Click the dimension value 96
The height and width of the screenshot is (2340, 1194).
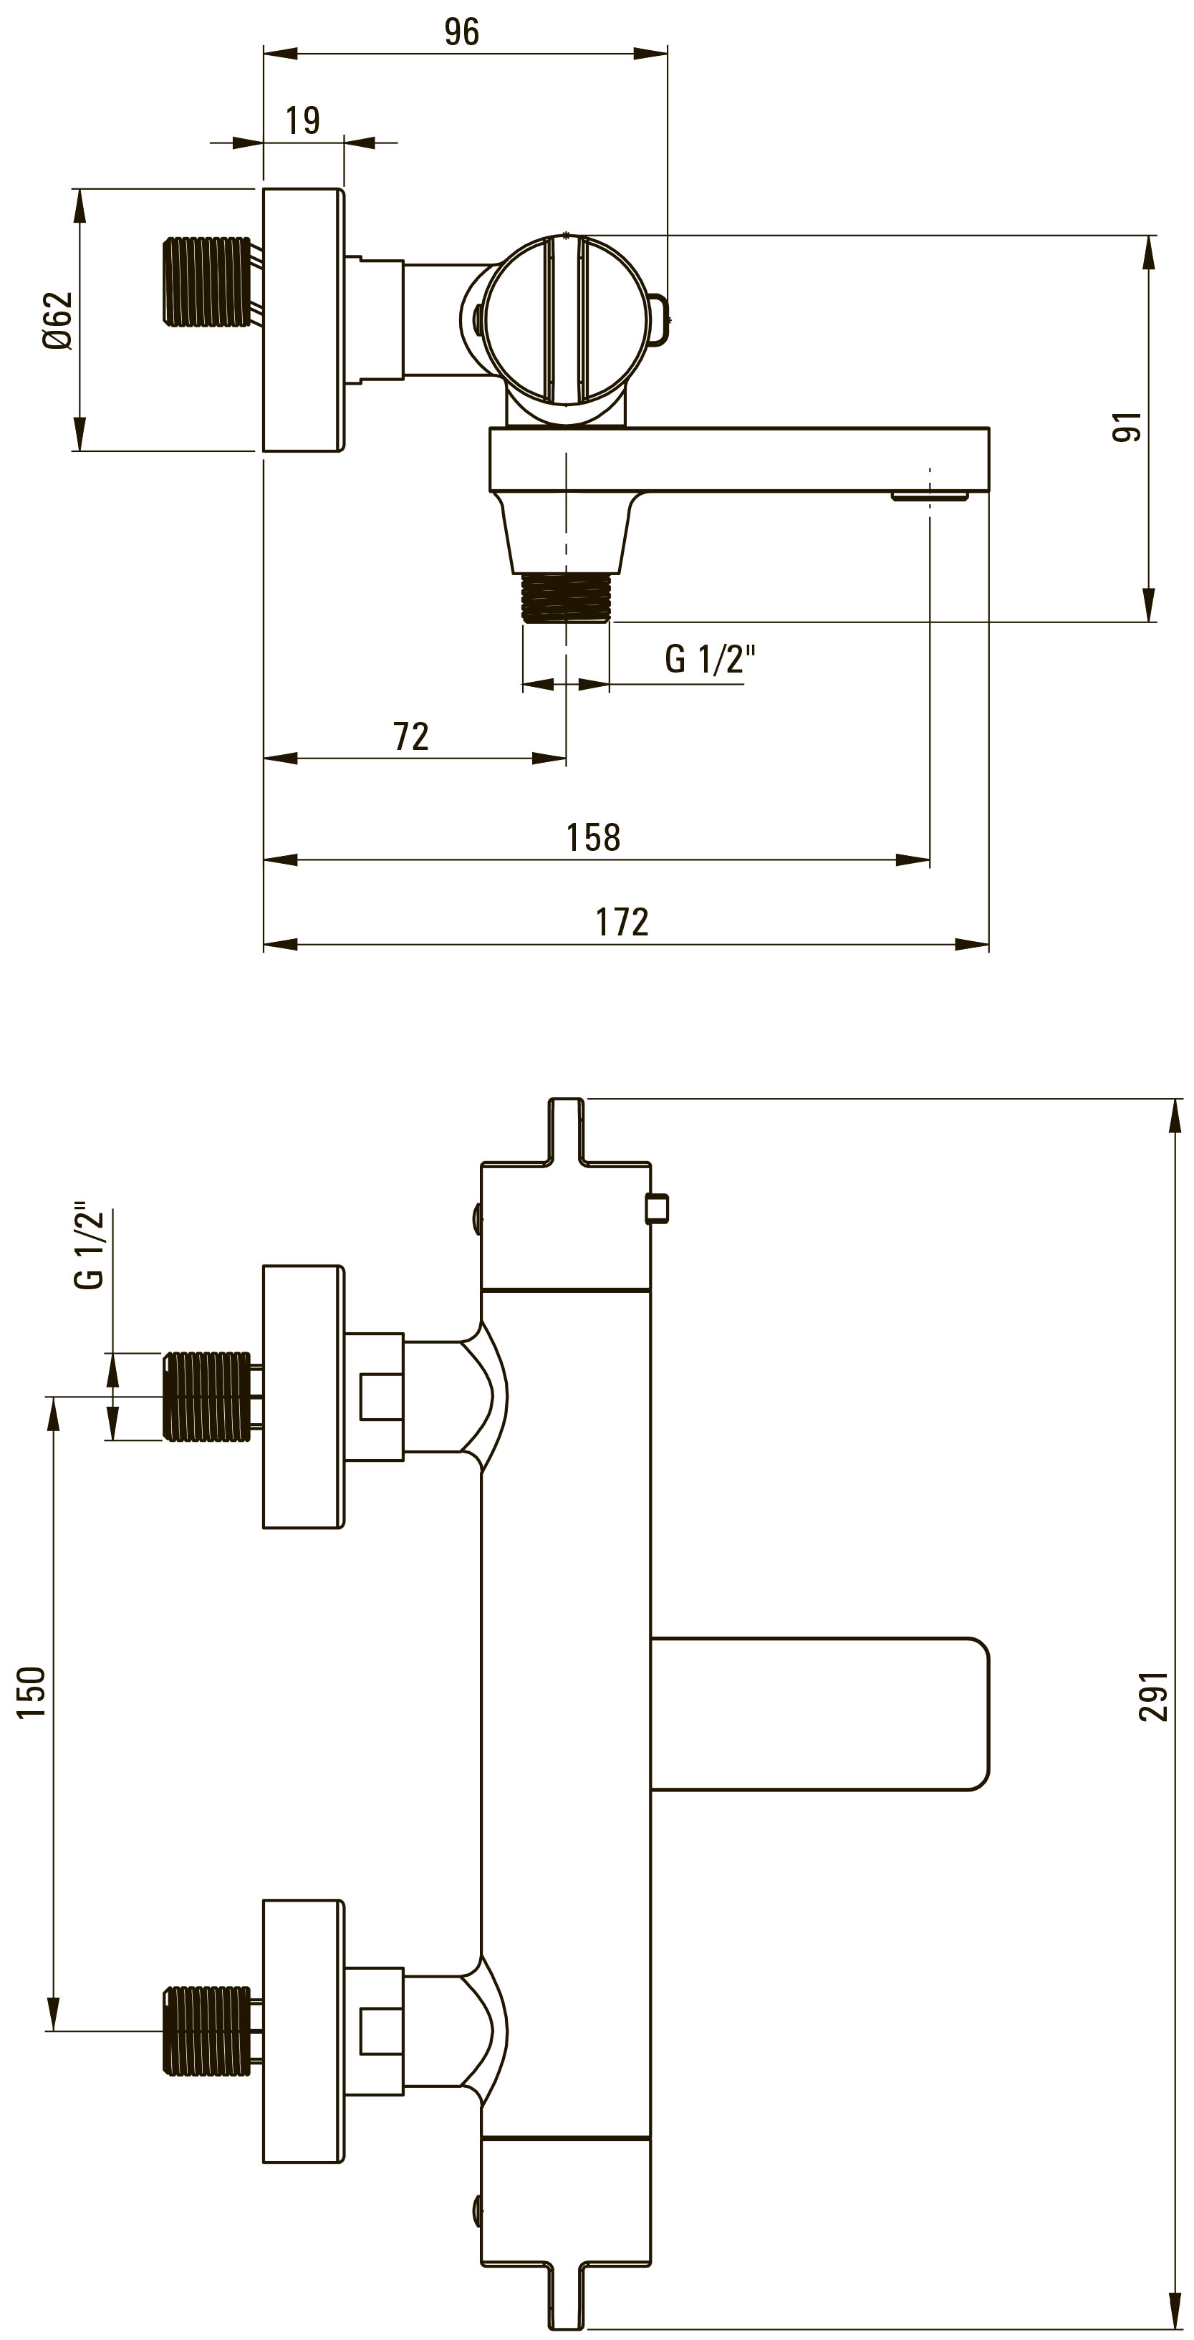(461, 32)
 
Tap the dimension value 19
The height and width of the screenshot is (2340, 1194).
(302, 120)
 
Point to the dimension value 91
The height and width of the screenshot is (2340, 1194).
(1127, 426)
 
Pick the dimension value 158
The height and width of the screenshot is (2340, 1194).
(593, 837)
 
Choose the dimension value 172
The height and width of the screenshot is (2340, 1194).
(622, 922)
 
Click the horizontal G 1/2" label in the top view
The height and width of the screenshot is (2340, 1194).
(710, 658)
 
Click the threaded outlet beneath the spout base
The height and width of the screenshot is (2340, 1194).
(565, 597)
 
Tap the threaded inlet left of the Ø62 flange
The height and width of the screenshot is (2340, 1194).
(206, 281)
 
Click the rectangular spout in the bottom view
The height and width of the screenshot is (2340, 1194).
(819, 1714)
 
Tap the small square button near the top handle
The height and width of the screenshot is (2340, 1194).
(656, 1209)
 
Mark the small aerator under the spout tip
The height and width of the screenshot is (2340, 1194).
(930, 496)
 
